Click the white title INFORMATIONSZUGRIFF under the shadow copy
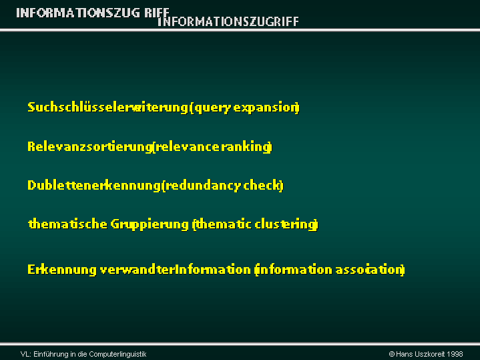[228, 21]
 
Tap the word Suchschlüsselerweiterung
[107, 108]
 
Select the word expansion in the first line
[266, 108]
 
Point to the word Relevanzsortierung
[89, 146]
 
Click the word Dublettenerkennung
[93, 186]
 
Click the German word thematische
[67, 224]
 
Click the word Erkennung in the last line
[62, 270]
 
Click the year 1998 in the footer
[455, 354]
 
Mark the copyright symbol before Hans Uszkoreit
[391, 354]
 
